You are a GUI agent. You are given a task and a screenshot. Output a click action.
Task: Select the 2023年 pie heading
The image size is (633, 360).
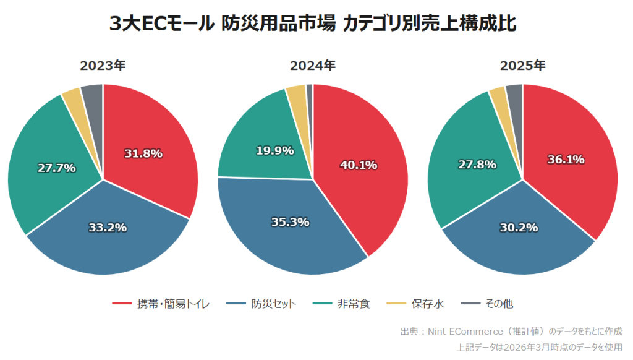(103, 66)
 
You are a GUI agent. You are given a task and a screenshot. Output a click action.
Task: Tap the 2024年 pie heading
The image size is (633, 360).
(313, 66)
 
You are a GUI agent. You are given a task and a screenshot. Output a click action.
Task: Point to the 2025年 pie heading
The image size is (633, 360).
(522, 66)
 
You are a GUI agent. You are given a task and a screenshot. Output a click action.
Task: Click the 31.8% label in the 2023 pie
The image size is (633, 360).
(143, 153)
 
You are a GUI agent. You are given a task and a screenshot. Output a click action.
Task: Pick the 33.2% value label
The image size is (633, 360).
(108, 227)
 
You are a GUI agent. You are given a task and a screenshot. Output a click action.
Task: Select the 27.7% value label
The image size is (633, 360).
(56, 168)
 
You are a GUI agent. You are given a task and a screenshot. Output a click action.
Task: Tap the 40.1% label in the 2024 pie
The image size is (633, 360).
(359, 165)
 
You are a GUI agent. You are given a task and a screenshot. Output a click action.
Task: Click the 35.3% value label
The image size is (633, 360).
(290, 221)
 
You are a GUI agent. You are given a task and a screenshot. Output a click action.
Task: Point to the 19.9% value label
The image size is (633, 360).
(274, 150)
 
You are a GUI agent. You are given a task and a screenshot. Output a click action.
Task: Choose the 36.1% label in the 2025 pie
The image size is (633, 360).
(566, 160)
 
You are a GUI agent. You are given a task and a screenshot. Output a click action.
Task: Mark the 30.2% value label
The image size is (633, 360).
(519, 227)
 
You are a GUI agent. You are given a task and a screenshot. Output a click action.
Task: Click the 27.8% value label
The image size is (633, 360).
(477, 165)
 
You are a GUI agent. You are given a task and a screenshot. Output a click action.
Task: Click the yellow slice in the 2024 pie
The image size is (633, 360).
(297, 94)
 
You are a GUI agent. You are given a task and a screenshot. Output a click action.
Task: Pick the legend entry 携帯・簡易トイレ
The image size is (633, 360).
(161, 304)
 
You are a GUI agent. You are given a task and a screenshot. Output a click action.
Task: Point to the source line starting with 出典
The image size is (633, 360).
(511, 332)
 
